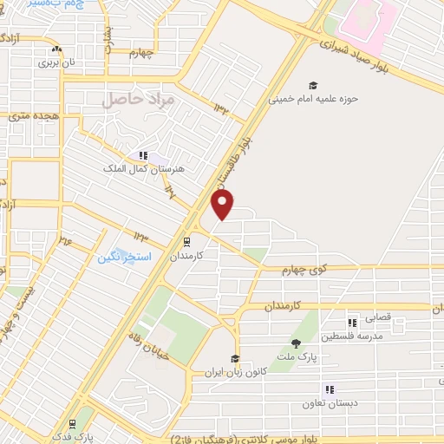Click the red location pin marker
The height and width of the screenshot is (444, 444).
[x=223, y=205]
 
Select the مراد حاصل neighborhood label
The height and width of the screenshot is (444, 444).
[x=139, y=100]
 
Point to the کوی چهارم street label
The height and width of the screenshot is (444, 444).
[x=307, y=271]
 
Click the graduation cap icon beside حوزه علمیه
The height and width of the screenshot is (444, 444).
[x=312, y=85]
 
